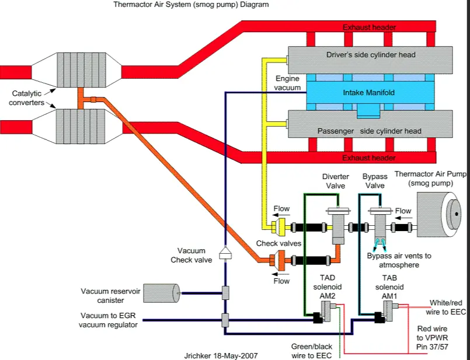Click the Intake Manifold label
(368, 93)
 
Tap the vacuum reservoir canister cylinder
(162, 293)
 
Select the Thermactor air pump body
(439, 215)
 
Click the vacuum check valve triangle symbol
(225, 253)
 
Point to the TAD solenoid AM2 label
(328, 287)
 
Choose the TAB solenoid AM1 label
(389, 287)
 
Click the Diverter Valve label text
(335, 181)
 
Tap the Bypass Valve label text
(375, 181)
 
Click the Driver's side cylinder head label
(371, 55)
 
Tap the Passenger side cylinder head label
(369, 131)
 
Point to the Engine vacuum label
(287, 83)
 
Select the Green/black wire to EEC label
(311, 351)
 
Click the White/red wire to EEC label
(445, 307)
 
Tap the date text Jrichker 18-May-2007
(221, 356)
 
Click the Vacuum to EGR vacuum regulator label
(108, 320)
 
